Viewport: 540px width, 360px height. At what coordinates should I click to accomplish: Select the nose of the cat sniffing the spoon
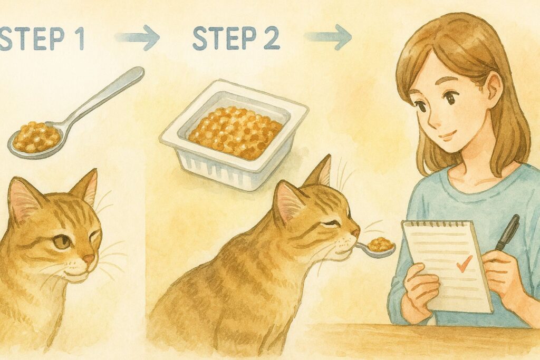pyautogui.click(x=355, y=232)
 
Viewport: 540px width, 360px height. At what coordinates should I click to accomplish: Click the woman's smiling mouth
pyautogui.click(x=448, y=137)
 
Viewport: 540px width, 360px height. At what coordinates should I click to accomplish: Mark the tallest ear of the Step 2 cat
pyautogui.click(x=322, y=171)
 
